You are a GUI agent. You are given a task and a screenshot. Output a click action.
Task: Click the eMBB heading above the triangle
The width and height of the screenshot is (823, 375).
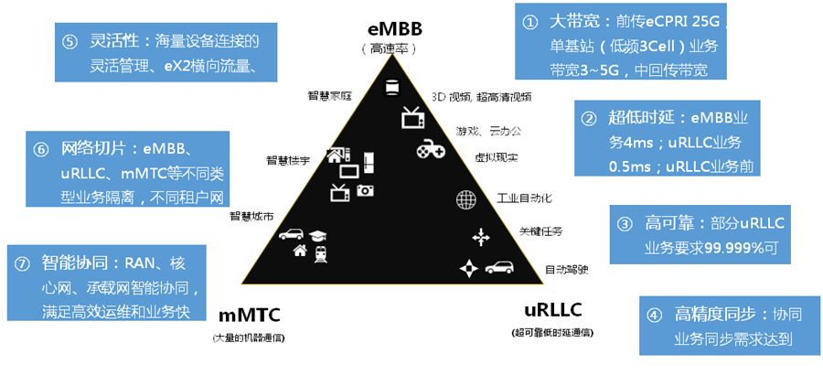tap(395, 29)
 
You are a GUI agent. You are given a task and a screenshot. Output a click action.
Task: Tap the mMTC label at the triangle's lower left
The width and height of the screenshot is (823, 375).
tap(249, 316)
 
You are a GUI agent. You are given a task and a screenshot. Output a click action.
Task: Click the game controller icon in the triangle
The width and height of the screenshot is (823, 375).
tap(431, 148)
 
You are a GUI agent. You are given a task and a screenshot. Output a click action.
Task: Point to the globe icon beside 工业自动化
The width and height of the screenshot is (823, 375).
tap(465, 198)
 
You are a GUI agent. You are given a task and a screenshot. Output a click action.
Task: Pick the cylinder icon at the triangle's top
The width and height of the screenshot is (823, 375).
tap(394, 87)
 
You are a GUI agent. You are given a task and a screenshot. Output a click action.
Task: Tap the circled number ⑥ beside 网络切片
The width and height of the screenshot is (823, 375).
tap(42, 148)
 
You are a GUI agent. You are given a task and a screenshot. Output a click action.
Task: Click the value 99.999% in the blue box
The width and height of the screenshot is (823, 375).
tap(722, 246)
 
